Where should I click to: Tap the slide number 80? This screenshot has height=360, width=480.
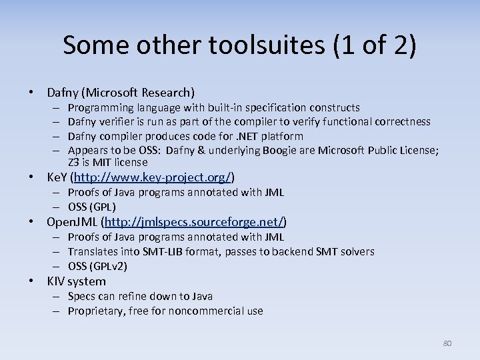(447, 343)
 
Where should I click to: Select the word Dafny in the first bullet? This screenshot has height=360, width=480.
(63, 93)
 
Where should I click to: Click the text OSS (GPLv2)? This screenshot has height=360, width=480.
(98, 266)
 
